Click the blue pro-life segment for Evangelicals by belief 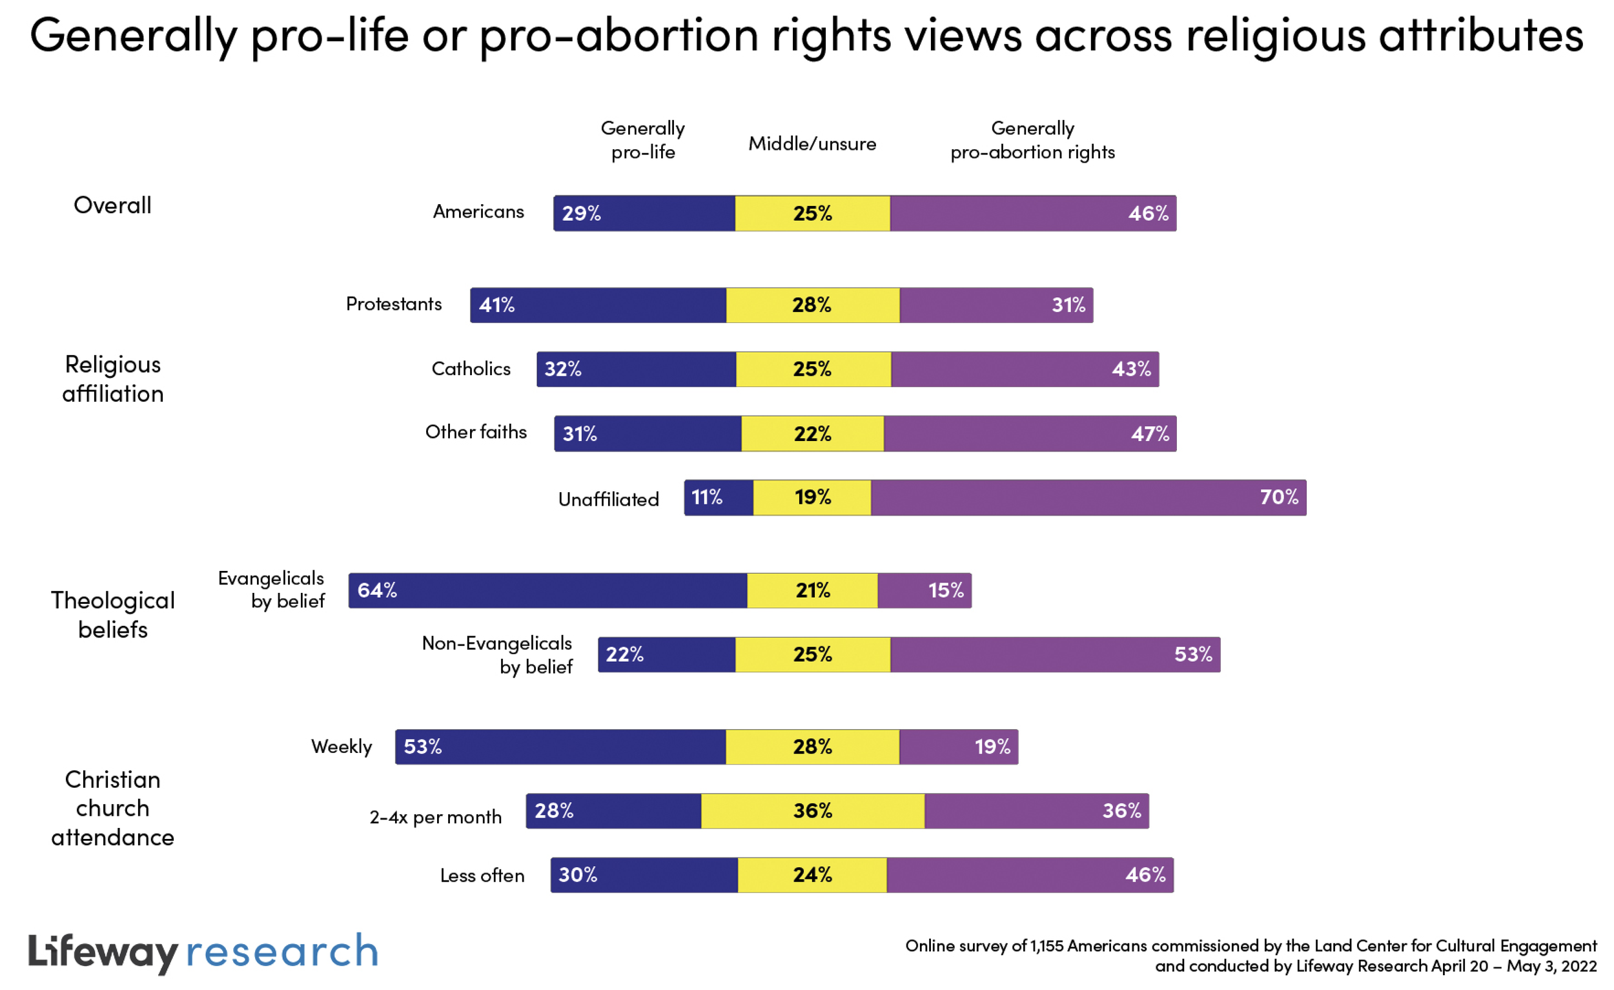547,590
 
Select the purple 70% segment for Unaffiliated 1088,497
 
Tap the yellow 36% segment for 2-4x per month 812,810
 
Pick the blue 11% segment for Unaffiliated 719,497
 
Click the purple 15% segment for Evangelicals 924,590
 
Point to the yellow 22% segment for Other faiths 812,433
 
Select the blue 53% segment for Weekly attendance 560,747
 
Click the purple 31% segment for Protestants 996,305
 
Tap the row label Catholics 470,369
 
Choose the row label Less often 482,875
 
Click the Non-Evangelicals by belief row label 497,655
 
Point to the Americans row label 478,212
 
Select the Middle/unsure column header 812,143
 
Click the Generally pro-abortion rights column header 1032,139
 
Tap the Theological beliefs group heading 113,615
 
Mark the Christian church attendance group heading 113,808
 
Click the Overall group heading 113,205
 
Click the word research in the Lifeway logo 282,952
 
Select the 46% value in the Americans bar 1148,213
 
